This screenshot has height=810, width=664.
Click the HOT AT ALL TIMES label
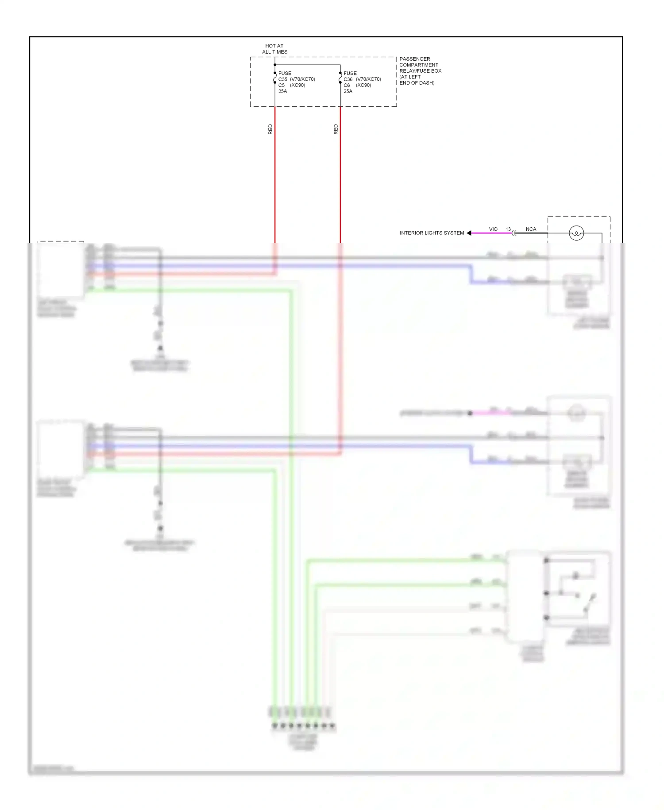tap(274, 49)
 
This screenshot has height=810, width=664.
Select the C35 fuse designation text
tap(283, 79)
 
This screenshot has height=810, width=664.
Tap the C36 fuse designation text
tap(348, 79)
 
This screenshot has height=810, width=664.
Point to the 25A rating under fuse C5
tap(282, 91)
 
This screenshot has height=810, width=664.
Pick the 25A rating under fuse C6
tap(348, 91)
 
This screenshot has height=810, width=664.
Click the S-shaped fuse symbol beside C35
tap(275, 78)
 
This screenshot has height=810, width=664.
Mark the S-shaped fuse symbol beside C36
tap(340, 78)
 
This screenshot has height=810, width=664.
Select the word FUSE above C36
tap(350, 73)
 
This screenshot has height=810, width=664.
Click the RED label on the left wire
tap(270, 129)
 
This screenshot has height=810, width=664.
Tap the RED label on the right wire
tap(336, 129)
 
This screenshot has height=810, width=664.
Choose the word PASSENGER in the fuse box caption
tap(414, 59)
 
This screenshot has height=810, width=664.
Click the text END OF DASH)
tap(417, 83)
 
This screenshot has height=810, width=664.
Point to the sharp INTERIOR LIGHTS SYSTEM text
tap(432, 233)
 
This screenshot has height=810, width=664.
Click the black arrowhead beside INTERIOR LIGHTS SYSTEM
tap(469, 233)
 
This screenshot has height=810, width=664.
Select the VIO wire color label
tap(493, 229)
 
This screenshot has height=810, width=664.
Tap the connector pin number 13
tap(508, 229)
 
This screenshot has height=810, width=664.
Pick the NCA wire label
tap(531, 229)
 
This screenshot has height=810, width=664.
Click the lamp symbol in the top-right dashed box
tap(576, 233)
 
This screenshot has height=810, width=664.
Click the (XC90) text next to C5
tap(297, 85)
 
